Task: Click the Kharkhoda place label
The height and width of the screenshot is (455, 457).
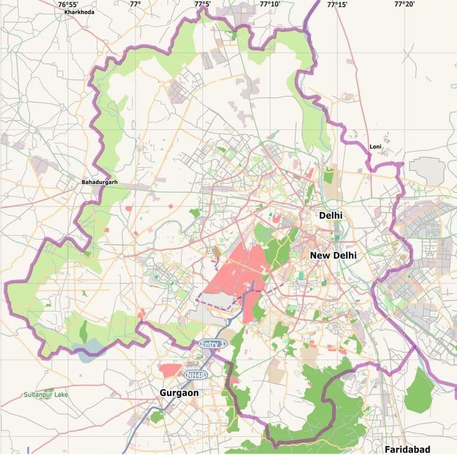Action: (x=80, y=11)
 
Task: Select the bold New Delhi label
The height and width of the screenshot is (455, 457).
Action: (x=333, y=255)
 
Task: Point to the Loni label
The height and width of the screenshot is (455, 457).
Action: (x=375, y=147)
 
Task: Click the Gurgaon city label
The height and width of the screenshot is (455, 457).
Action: (x=179, y=393)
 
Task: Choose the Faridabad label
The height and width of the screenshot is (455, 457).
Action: (x=407, y=448)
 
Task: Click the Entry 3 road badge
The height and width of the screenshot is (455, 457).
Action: (x=212, y=344)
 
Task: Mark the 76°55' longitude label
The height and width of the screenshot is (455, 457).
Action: (x=68, y=4)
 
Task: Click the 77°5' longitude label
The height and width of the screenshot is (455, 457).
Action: (x=202, y=4)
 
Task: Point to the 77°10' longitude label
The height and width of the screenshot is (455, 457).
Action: (x=270, y=4)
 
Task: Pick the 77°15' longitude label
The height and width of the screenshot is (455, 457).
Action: (x=337, y=4)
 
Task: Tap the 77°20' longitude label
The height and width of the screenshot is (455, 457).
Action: (x=405, y=4)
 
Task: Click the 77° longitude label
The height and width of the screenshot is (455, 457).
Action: (x=135, y=4)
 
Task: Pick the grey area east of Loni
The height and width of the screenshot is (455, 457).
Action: (x=427, y=171)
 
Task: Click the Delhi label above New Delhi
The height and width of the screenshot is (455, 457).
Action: (x=331, y=215)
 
